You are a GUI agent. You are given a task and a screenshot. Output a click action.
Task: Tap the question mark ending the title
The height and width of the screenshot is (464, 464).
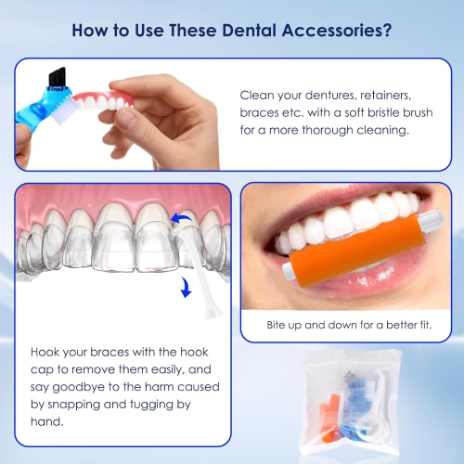click(385, 31)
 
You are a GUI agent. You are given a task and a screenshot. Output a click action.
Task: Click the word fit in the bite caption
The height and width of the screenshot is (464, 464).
click(431, 327)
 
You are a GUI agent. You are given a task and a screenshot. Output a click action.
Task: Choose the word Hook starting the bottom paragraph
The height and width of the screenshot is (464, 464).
click(46, 353)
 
